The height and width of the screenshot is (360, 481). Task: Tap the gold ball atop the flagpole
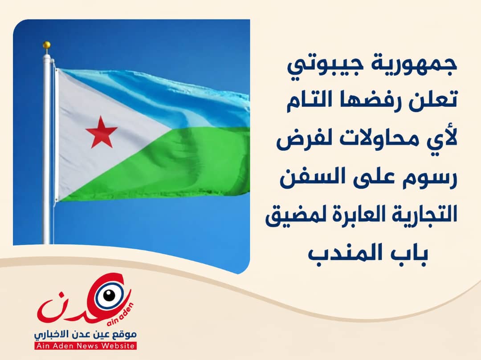47,45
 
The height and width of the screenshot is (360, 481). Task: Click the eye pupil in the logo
109,295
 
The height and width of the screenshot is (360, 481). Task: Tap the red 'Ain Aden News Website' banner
86,346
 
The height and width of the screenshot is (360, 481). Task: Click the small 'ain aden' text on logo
121,315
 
